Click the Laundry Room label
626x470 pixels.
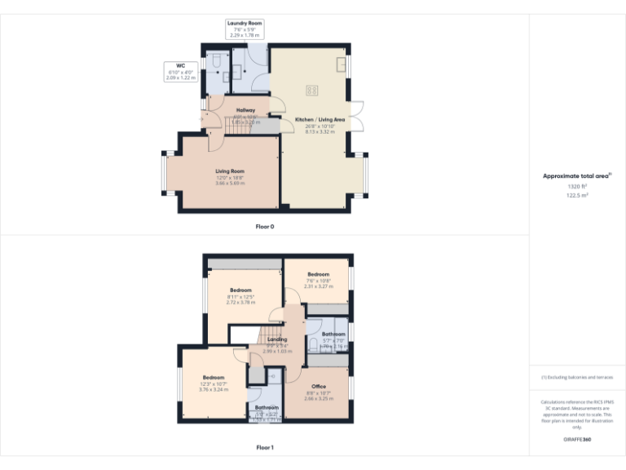click(x=245, y=24)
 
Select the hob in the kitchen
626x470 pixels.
click(x=311, y=91)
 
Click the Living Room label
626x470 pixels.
click(x=231, y=171)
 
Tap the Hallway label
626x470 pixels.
click(x=245, y=110)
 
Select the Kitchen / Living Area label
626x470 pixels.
click(x=320, y=120)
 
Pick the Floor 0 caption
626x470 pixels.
click(x=266, y=225)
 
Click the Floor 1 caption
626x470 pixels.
click(x=265, y=447)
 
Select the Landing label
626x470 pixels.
click(x=277, y=339)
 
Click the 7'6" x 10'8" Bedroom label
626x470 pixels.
click(x=318, y=274)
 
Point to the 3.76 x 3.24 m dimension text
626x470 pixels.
click(x=214, y=389)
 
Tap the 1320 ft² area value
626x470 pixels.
click(x=577, y=187)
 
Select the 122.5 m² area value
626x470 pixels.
click(x=577, y=196)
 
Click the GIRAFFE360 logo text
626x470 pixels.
click(x=576, y=441)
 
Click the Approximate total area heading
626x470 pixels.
click(x=576, y=175)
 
